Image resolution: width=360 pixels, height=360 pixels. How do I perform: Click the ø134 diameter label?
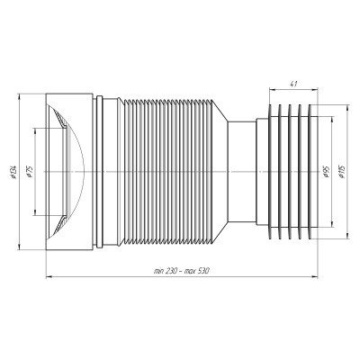click(x=13, y=172)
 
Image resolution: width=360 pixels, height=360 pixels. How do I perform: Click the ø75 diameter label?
click(x=30, y=172)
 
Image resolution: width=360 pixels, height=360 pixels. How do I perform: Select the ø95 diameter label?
click(x=327, y=172)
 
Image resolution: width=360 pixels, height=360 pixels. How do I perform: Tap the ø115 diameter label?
click(x=342, y=172)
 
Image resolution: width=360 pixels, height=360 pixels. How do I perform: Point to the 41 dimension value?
click(x=293, y=85)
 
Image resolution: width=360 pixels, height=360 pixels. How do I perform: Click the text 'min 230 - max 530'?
click(x=181, y=271)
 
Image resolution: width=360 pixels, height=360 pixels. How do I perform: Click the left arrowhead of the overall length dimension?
click(x=49, y=276)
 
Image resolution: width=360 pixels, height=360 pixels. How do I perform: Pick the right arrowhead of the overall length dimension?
click(x=315, y=276)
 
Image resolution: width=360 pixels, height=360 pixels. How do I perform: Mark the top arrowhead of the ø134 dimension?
click(x=19, y=97)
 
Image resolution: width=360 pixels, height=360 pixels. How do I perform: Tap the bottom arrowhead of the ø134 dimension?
click(x=19, y=247)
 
